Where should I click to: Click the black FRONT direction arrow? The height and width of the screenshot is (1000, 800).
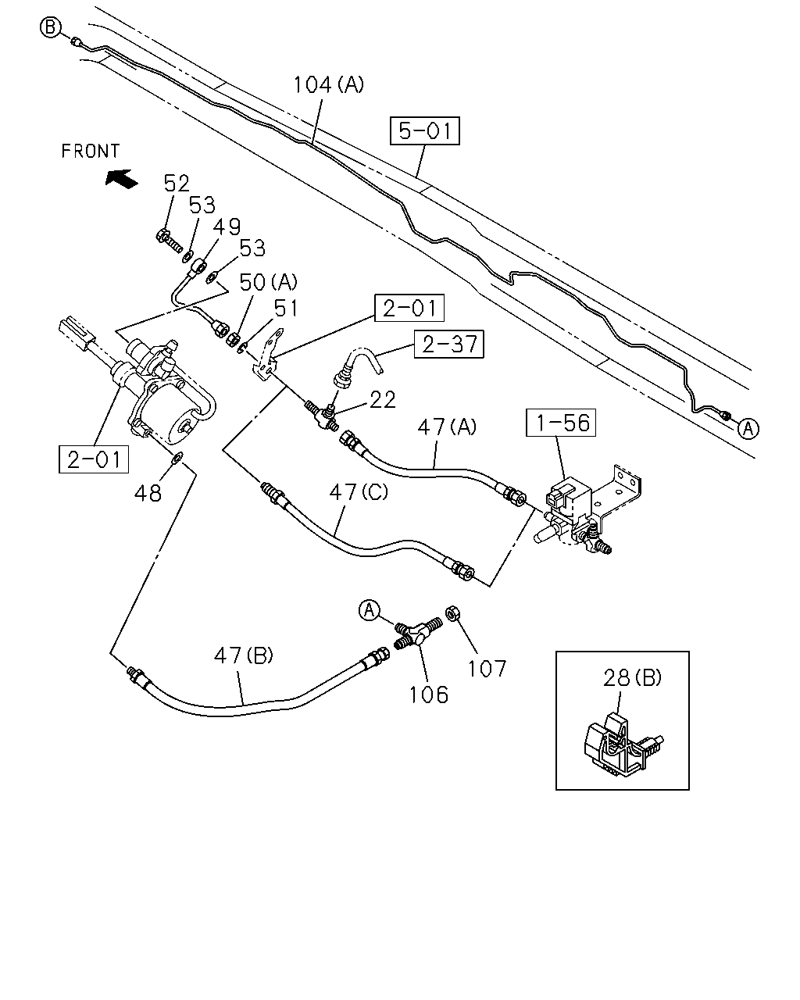(x=121, y=178)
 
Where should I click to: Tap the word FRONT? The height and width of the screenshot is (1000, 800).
(x=91, y=151)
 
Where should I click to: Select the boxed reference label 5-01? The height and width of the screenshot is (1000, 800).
(x=424, y=130)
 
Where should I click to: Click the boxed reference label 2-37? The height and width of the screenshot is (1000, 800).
(x=448, y=345)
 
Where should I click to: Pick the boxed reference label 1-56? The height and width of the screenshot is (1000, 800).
(x=561, y=423)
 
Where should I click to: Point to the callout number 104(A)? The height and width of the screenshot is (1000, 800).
(x=329, y=85)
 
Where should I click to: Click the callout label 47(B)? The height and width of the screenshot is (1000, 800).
(x=244, y=655)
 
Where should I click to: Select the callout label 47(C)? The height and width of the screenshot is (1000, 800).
(x=359, y=491)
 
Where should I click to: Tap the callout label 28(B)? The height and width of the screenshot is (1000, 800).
(x=632, y=678)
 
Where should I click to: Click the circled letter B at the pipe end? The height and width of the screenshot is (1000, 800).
(x=50, y=27)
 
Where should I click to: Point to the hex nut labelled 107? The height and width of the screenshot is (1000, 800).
(x=451, y=613)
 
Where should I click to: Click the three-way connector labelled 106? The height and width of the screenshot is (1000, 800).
(x=417, y=633)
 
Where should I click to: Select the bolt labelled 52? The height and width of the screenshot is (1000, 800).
(x=169, y=241)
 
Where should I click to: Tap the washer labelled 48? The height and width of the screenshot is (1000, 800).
(x=178, y=457)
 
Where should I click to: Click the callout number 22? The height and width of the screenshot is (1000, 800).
(x=383, y=400)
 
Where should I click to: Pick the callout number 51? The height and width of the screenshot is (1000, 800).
(x=286, y=308)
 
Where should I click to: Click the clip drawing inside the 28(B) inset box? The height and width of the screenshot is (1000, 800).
(x=623, y=742)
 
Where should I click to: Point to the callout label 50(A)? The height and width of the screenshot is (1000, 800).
(x=268, y=282)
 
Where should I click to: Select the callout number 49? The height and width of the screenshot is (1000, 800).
(x=227, y=227)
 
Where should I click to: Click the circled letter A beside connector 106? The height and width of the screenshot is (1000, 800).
(x=370, y=610)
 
